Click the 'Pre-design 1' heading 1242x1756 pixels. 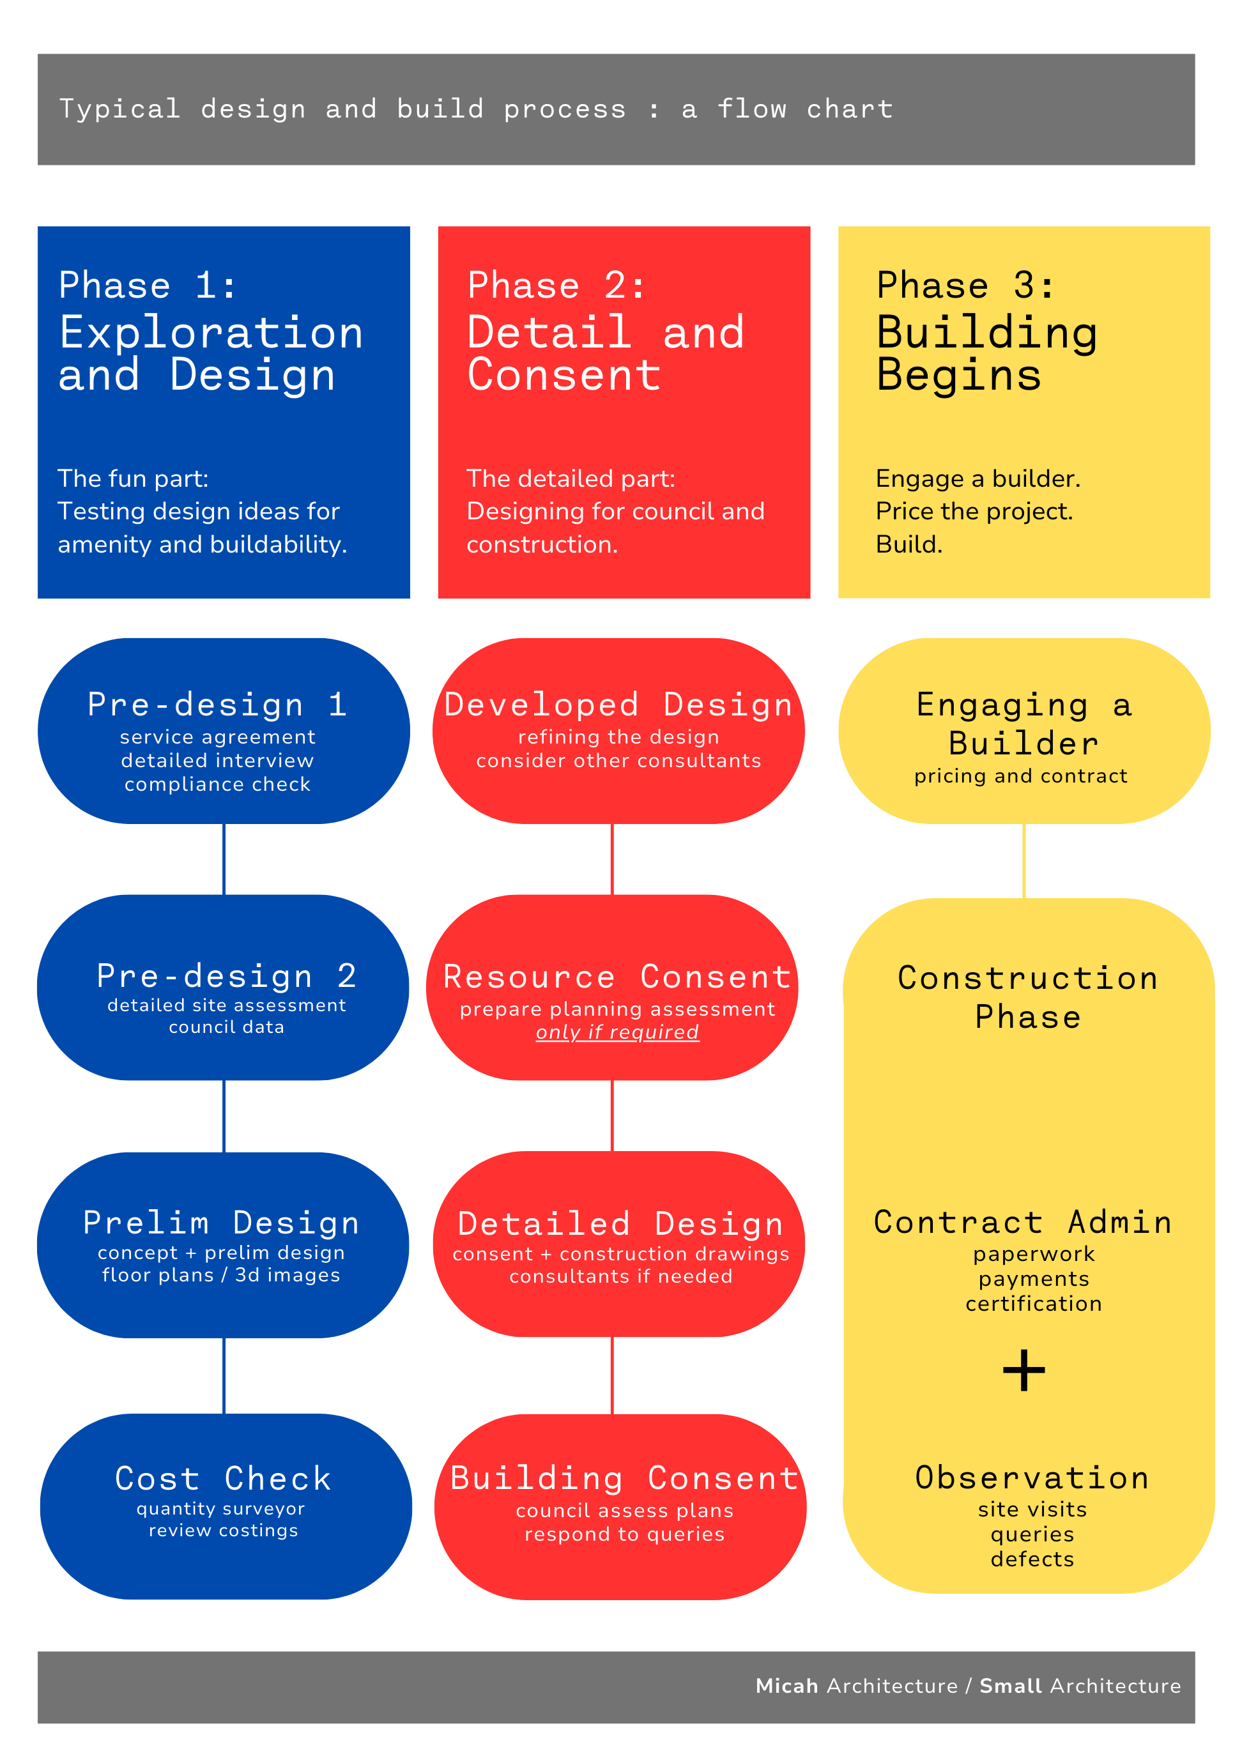217,705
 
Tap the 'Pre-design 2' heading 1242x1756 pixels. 226,976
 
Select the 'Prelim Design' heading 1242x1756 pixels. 221,1222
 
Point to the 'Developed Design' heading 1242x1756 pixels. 618,705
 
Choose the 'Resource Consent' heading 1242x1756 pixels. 617,977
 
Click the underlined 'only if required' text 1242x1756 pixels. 617,1032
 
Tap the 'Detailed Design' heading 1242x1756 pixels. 620,1224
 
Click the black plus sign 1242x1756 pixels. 1023,1371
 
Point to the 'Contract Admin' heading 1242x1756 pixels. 1023,1222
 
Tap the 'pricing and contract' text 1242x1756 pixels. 1020,776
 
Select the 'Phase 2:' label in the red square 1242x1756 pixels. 556,286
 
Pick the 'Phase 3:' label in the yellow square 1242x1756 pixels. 966,286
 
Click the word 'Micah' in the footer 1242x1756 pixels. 787,1686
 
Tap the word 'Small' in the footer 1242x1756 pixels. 1010,1686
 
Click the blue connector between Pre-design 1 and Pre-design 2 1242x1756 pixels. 224,859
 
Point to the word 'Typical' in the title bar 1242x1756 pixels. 120,109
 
